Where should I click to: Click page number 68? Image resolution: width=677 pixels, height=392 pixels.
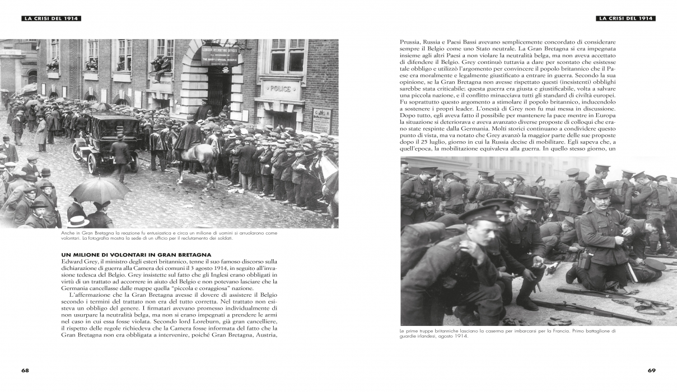pos(25,370)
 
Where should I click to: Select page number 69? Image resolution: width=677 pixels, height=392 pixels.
pos(651,370)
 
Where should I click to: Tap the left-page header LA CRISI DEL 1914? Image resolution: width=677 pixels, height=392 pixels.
pos(52,18)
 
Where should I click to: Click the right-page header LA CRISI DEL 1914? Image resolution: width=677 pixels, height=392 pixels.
pos(627,18)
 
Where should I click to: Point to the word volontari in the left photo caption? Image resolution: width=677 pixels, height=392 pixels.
pos(73,239)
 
